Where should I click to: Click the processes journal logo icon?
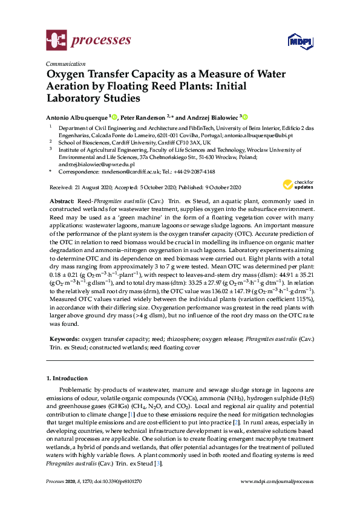56,41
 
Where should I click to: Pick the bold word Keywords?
62,340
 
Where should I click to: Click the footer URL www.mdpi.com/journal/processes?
277,481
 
